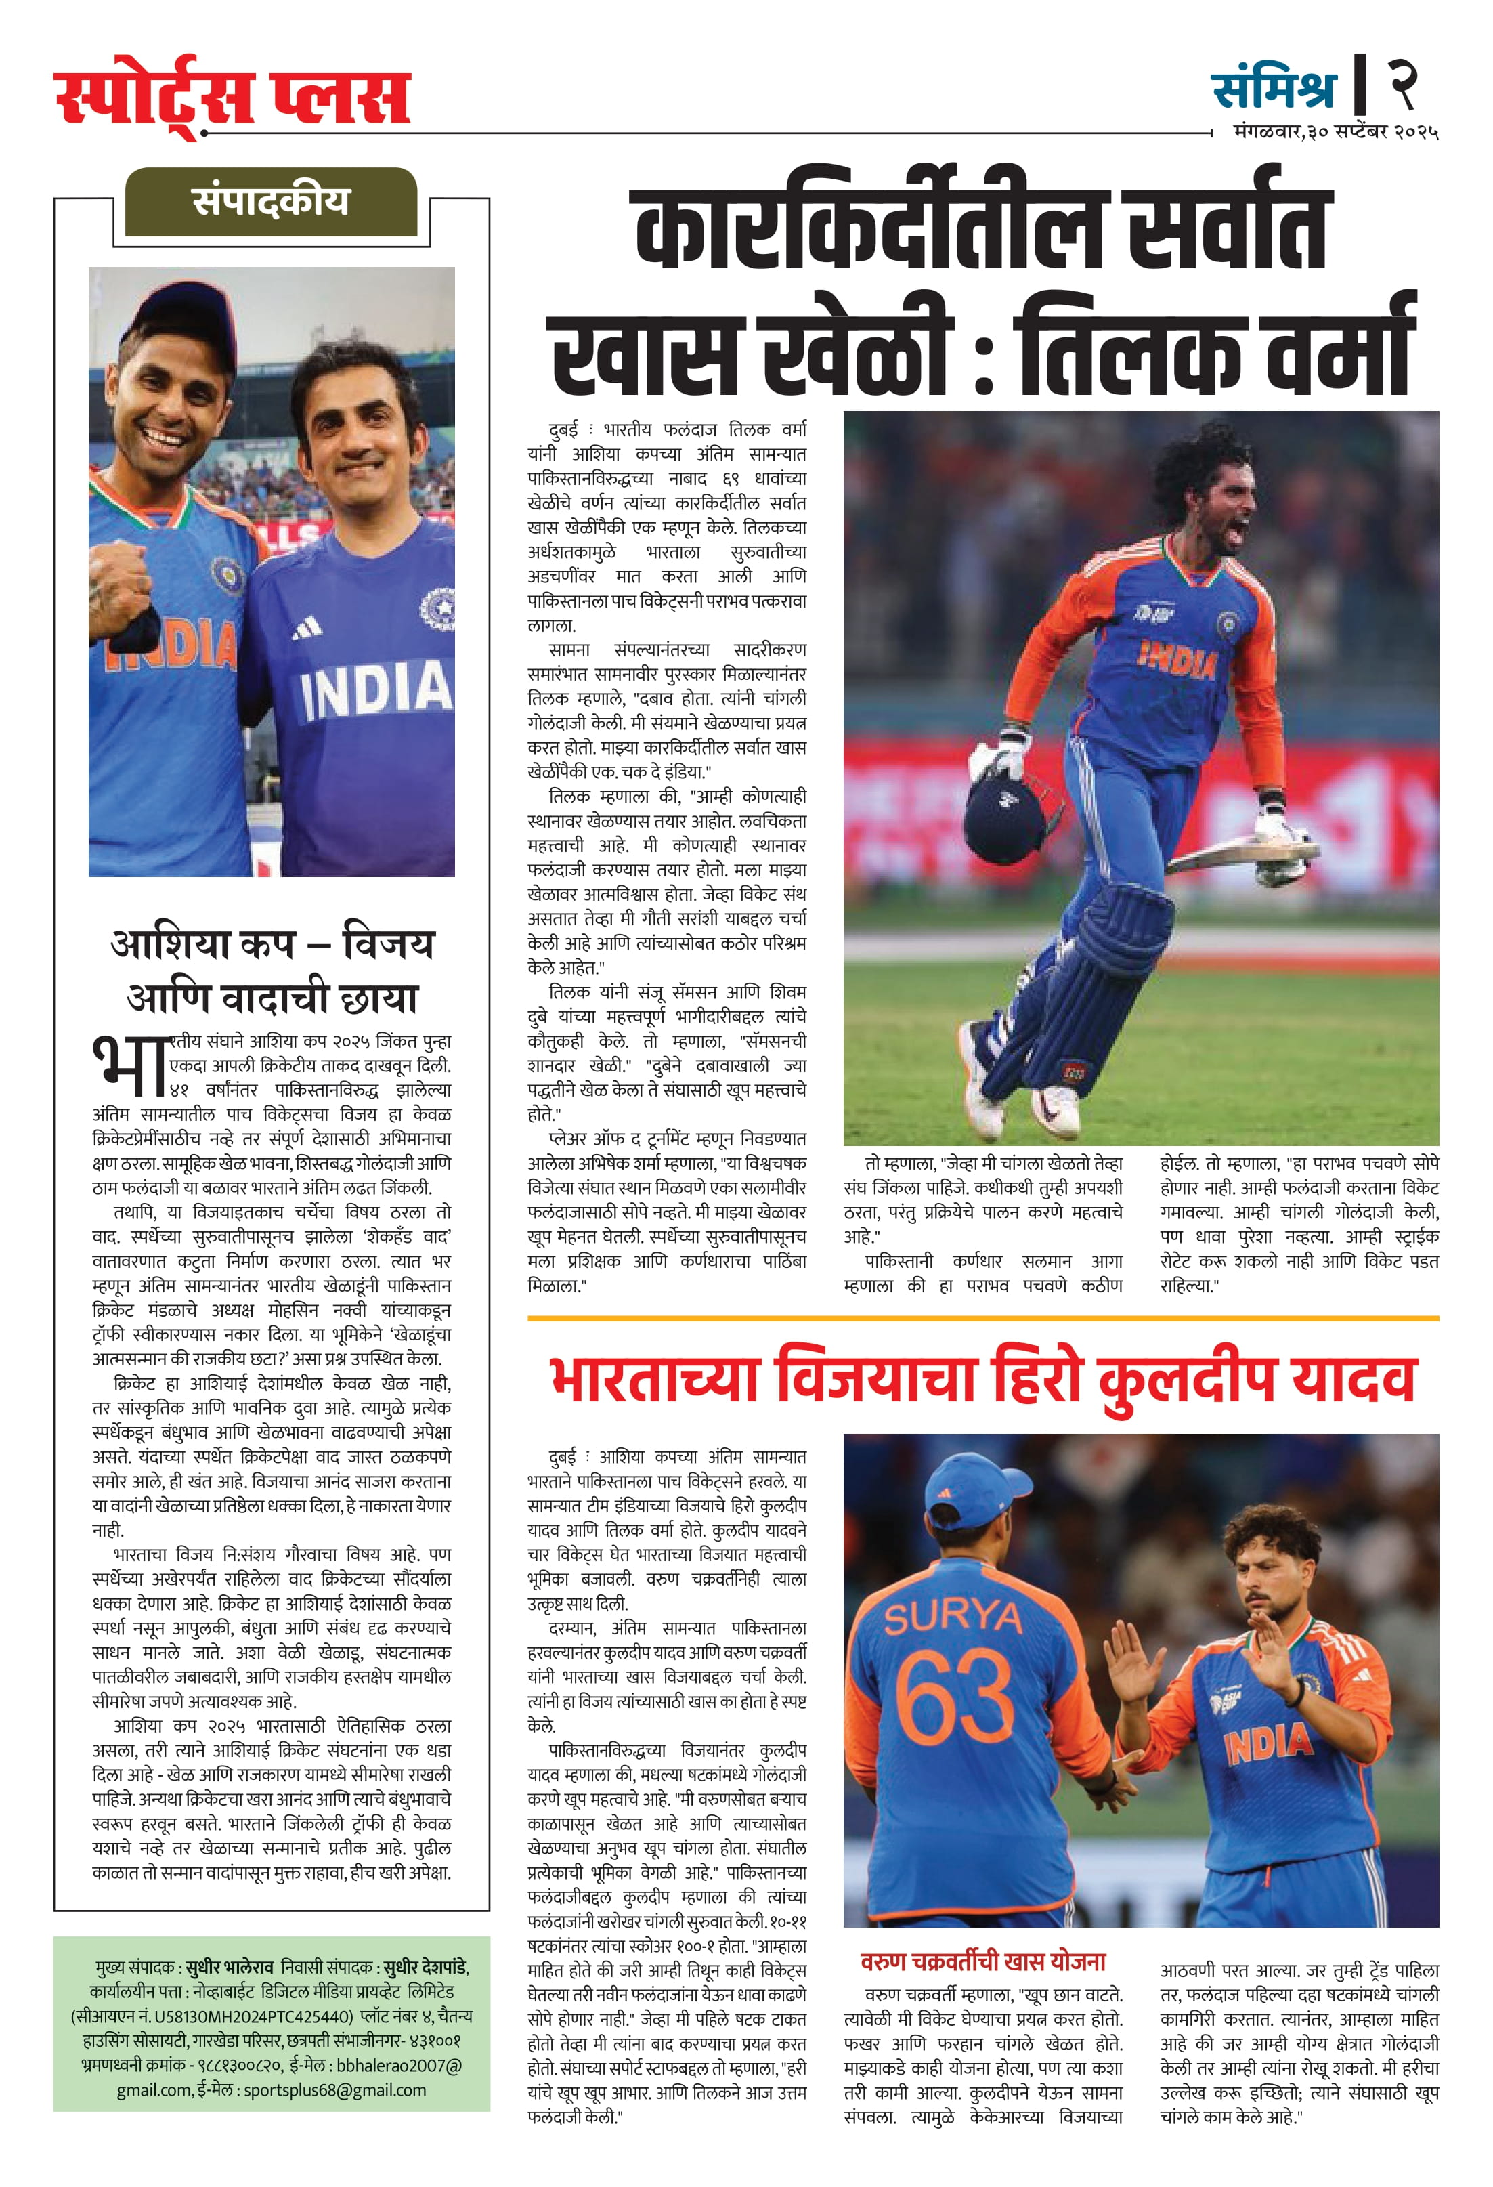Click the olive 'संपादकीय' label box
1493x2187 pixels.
[270, 201]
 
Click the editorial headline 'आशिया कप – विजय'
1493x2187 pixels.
[272, 943]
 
